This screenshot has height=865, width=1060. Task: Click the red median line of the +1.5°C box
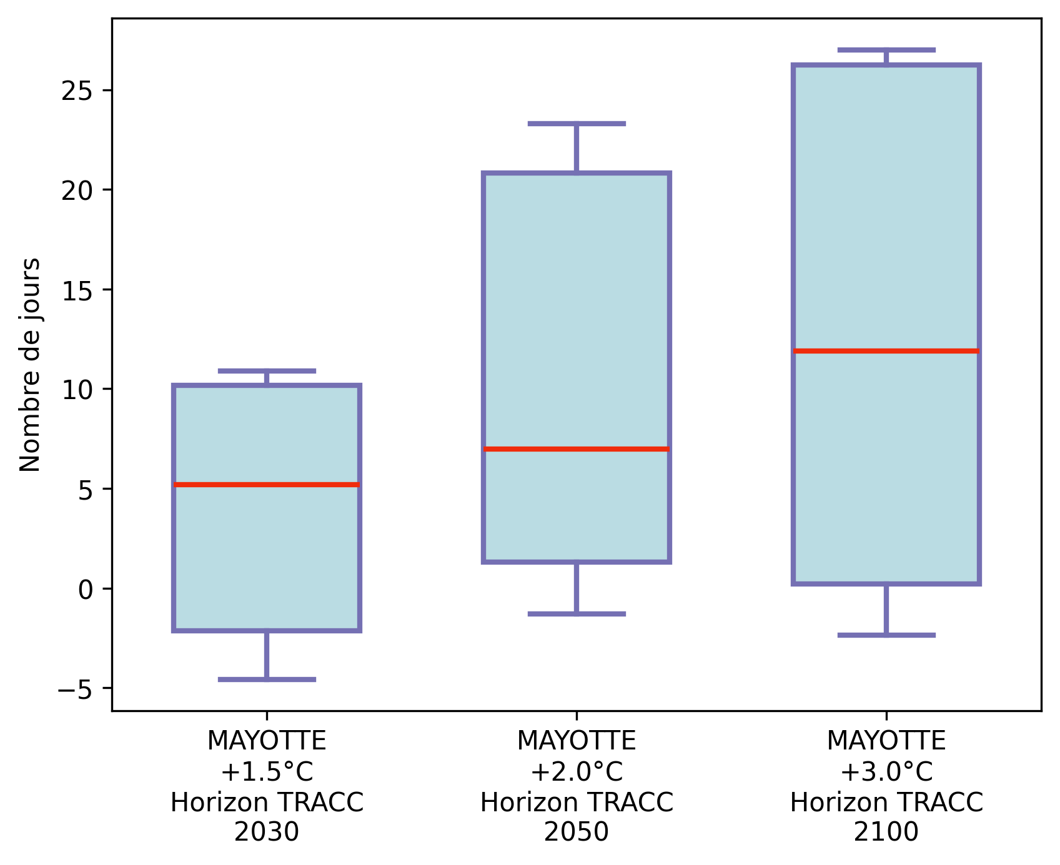pyautogui.click(x=267, y=485)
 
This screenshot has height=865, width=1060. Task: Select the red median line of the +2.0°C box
pyautogui.click(x=576, y=449)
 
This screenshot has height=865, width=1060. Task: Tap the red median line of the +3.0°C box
pyautogui.click(x=886, y=351)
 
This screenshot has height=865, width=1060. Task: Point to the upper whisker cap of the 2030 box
pyautogui.click(x=267, y=371)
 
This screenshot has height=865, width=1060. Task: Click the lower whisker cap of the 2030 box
pyautogui.click(x=267, y=679)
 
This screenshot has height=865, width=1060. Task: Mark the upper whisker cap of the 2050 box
pyautogui.click(x=576, y=124)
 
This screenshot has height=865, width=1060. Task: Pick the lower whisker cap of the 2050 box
pyautogui.click(x=576, y=614)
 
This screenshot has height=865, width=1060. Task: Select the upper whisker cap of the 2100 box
pyautogui.click(x=886, y=49)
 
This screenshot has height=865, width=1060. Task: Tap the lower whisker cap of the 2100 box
pyautogui.click(x=886, y=635)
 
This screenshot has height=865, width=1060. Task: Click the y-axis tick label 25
pyautogui.click(x=77, y=91)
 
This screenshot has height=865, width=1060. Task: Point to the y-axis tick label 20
pyautogui.click(x=77, y=190)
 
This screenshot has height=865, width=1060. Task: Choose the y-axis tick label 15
pyautogui.click(x=77, y=290)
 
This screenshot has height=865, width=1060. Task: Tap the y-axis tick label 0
pyautogui.click(x=86, y=589)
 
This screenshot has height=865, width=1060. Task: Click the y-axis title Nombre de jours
pyautogui.click(x=30, y=365)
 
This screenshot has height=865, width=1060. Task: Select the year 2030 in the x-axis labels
pyautogui.click(x=267, y=832)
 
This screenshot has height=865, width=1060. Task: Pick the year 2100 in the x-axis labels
pyautogui.click(x=886, y=832)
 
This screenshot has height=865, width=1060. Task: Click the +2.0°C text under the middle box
pyautogui.click(x=576, y=772)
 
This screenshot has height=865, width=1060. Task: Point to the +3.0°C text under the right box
pyautogui.click(x=886, y=772)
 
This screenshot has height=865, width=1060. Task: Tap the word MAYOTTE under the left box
pyautogui.click(x=267, y=741)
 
